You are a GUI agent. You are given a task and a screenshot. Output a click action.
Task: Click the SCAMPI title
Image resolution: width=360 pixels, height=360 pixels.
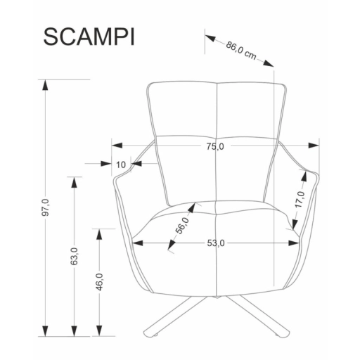point(89,37)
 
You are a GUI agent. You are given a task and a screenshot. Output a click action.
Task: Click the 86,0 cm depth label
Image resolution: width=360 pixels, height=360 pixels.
point(241,51)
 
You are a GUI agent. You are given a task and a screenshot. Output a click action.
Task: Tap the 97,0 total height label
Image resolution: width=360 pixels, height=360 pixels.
point(46,207)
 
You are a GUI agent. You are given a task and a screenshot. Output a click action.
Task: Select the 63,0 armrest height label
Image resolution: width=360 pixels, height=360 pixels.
point(74,256)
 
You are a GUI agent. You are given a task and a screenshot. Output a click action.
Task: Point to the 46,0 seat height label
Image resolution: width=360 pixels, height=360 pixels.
point(100,282)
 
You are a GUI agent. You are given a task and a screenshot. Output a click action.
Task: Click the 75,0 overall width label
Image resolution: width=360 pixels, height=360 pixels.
point(215,147)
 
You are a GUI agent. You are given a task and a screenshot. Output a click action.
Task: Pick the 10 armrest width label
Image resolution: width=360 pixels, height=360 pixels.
point(121,165)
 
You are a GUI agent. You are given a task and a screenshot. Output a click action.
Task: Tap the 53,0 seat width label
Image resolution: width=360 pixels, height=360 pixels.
point(216,243)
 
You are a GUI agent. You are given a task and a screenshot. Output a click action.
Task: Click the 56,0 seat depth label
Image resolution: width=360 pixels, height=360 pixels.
point(183,226)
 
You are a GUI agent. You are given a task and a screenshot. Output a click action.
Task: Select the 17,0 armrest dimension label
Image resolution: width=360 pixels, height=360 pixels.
point(300,200)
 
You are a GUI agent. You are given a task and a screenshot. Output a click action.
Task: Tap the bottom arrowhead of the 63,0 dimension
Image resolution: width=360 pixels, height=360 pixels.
point(74,331)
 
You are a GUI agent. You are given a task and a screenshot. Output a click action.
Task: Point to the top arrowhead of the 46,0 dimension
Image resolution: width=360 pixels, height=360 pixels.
point(100,234)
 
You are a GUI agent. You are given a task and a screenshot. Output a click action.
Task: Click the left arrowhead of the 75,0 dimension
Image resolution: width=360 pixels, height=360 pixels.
point(117,146)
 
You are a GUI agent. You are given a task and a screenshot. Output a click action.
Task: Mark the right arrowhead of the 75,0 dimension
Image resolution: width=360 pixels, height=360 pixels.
point(314,146)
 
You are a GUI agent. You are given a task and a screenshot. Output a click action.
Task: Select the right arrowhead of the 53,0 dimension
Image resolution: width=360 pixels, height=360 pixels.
point(294,243)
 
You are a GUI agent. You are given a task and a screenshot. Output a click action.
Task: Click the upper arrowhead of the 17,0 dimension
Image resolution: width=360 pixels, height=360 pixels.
point(304,176)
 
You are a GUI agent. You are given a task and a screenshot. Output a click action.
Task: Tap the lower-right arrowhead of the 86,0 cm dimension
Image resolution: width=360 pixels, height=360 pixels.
point(269,63)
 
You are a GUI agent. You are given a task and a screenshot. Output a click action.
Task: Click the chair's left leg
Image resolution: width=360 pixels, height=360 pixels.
point(175,316)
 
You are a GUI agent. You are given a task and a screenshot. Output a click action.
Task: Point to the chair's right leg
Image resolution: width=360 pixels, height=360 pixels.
point(258,316)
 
